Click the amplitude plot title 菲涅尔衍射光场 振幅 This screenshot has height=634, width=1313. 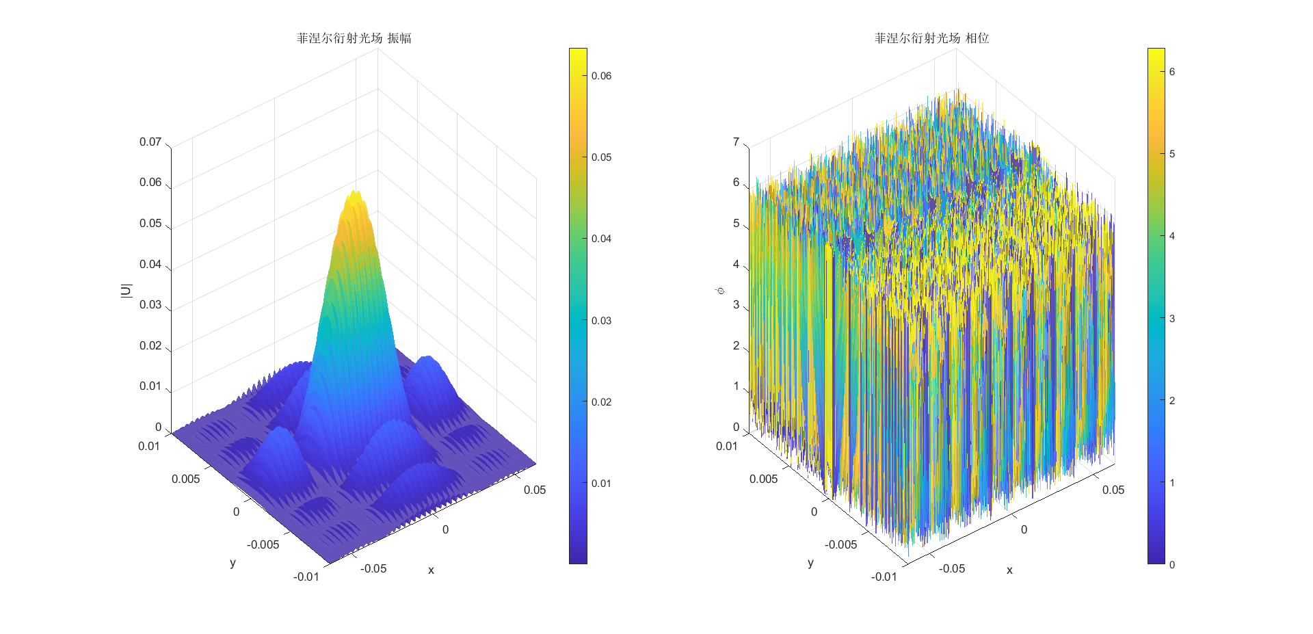click(354, 38)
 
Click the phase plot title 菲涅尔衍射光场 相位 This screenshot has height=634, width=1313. click(931, 38)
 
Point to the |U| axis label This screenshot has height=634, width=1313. click(126, 291)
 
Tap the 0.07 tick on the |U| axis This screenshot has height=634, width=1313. click(150, 142)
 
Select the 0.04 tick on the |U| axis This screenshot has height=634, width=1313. click(150, 265)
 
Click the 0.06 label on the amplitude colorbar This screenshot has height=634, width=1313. click(601, 76)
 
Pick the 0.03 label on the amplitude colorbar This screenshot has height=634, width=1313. click(601, 321)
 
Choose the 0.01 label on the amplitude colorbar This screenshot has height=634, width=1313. click(601, 484)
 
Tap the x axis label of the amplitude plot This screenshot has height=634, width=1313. click(431, 570)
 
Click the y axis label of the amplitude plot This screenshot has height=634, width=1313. click(233, 563)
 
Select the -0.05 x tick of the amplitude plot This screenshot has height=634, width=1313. click(373, 568)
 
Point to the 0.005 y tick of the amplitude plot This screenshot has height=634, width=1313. click(186, 479)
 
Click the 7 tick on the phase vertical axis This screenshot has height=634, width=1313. click(736, 142)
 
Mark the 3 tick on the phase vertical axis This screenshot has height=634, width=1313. click(736, 305)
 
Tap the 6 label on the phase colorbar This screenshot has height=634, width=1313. click(1172, 72)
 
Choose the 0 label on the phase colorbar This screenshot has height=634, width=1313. click(1172, 565)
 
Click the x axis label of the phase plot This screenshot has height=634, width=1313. click(1009, 570)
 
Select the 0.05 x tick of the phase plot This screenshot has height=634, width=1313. click(1113, 490)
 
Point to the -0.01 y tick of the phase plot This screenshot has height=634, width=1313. click(884, 577)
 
